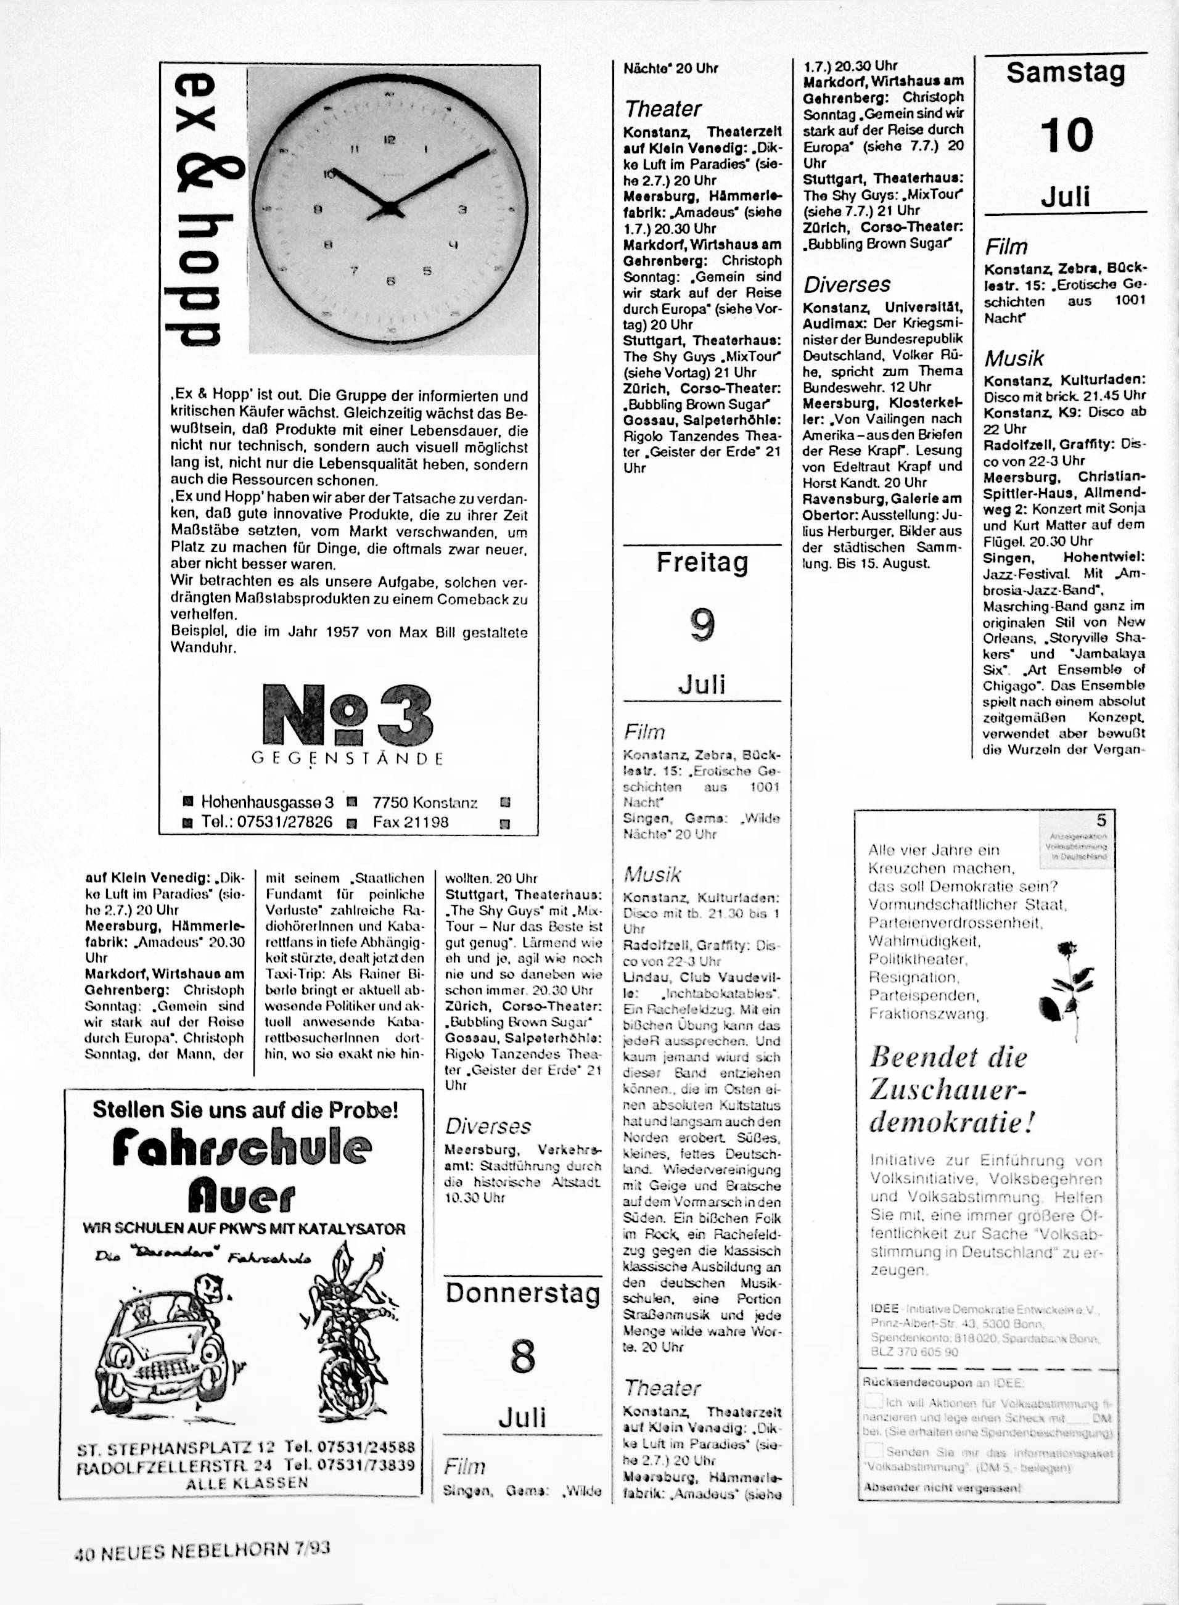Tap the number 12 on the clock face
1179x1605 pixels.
point(390,141)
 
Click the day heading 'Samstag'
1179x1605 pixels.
point(1066,73)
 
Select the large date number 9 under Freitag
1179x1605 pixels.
point(702,625)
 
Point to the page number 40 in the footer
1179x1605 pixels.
point(85,1550)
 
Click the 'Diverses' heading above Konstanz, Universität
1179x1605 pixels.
point(847,285)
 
